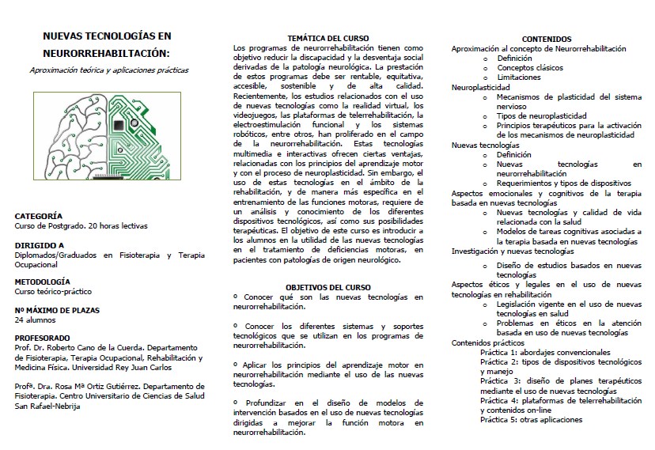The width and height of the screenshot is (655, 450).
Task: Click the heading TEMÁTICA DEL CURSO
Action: pos(327,39)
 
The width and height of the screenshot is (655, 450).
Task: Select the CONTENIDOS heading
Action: pos(547,39)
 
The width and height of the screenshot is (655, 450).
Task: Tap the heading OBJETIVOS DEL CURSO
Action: pos(327,287)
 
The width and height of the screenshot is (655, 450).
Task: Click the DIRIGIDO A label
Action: pos(40,245)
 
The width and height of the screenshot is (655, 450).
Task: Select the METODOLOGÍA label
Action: pos(43,281)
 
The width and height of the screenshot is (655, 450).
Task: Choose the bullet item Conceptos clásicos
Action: pos(525,68)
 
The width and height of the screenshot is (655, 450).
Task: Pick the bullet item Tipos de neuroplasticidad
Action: pos(536,115)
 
